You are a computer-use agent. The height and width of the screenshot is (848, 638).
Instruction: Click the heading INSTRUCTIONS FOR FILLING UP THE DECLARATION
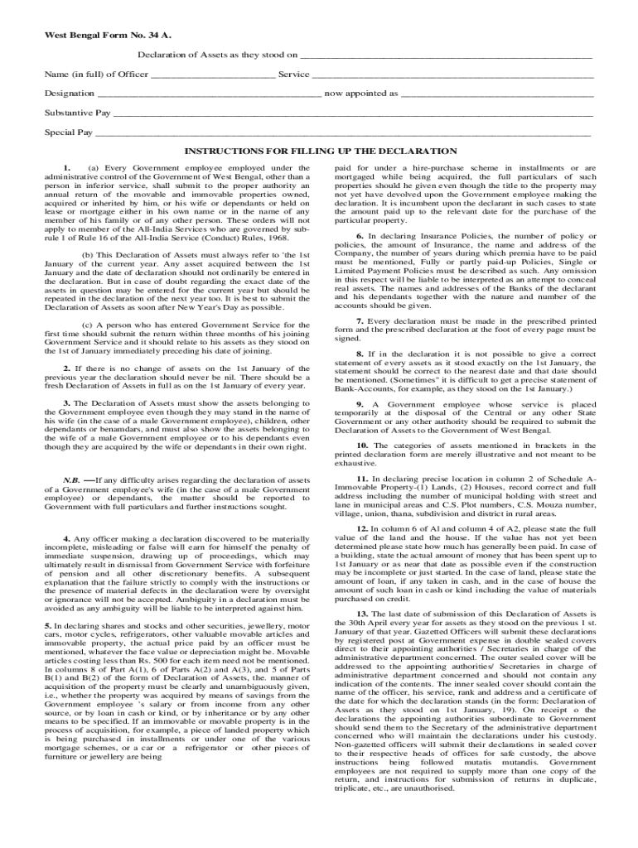click(x=320, y=152)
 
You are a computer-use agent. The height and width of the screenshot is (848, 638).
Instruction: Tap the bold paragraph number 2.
click(x=66, y=368)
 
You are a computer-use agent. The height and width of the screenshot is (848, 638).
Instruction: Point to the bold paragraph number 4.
click(x=66, y=539)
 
